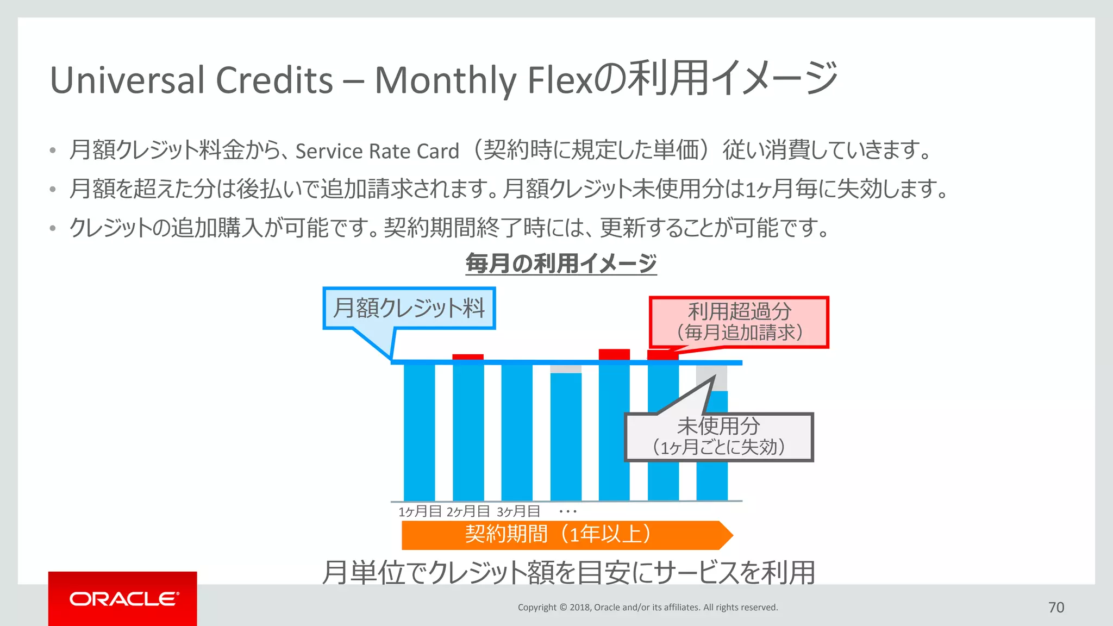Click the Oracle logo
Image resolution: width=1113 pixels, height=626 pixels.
coord(123,599)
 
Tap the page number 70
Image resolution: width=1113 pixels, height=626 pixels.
coord(1056,608)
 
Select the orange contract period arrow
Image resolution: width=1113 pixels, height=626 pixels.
coord(565,535)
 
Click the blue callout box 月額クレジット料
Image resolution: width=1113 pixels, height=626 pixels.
coord(409,308)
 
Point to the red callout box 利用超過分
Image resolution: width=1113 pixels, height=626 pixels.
coord(739,322)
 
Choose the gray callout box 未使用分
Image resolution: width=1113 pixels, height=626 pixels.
coord(718,437)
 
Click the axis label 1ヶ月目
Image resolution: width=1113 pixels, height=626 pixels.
coord(420,511)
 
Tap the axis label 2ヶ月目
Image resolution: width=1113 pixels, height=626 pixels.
coord(468,511)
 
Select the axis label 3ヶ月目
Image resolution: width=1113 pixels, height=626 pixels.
coord(518,511)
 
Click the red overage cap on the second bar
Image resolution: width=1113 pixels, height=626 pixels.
coord(468,357)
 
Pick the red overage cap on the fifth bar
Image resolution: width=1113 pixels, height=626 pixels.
coord(614,354)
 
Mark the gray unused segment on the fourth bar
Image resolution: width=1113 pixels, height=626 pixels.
coord(566,369)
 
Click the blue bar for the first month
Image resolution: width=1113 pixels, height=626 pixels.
coord(420,432)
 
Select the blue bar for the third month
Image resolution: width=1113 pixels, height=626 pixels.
coord(517,432)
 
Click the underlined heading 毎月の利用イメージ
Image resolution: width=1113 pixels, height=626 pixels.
coord(561,264)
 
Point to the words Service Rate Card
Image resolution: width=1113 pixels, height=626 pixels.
coord(377,151)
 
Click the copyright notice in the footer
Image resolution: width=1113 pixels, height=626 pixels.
coord(648,608)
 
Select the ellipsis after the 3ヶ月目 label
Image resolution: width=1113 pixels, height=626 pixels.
coord(567,511)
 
